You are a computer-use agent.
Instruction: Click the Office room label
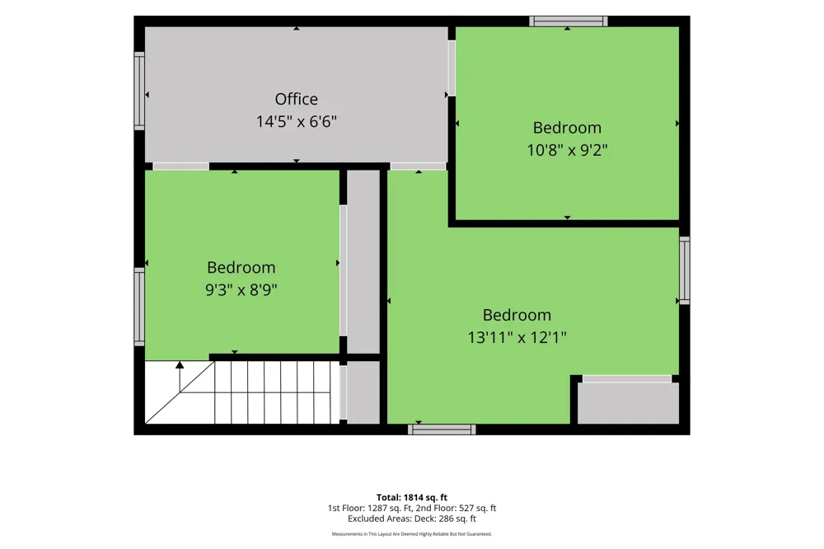tap(297, 99)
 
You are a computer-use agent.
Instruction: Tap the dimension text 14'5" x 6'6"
tap(297, 121)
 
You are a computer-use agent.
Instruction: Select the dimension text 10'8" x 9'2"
tap(567, 150)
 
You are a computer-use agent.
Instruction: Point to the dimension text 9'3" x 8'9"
tap(241, 290)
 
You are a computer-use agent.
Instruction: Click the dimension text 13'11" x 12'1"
tap(517, 337)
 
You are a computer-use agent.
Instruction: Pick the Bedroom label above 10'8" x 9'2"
tap(567, 128)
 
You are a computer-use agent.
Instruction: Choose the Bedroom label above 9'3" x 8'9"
tap(241, 268)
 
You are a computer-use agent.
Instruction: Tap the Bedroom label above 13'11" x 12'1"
tap(517, 315)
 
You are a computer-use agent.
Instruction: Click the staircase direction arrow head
tap(180, 364)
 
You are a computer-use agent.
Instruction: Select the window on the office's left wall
tap(139, 91)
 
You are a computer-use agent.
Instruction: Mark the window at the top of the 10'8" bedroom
tap(568, 21)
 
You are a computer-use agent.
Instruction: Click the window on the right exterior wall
tap(684, 270)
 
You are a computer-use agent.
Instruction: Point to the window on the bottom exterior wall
tap(442, 429)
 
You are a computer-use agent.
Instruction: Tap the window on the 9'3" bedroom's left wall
tap(139, 307)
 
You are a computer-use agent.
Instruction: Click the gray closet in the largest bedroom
tap(629, 403)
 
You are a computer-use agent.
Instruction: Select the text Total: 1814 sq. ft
tap(412, 497)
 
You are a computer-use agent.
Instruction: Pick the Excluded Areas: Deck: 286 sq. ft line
tap(412, 518)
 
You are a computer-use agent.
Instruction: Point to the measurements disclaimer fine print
tap(412, 534)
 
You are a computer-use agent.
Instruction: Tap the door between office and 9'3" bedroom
tap(180, 167)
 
